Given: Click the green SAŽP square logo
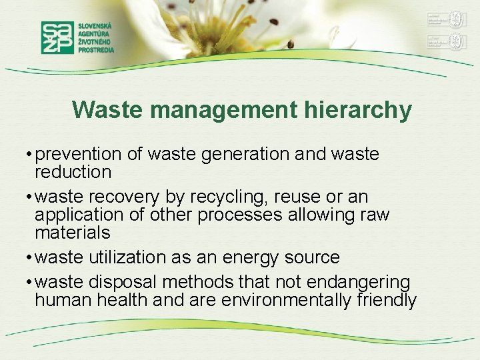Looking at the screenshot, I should tap(58, 37).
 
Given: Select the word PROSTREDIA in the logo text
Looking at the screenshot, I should tap(96, 49).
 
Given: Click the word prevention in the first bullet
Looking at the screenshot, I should tap(79, 155).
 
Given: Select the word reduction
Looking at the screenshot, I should tap(73, 172).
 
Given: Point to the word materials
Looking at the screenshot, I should tap(72, 233).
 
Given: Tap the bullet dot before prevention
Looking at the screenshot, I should tap(30, 155).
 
